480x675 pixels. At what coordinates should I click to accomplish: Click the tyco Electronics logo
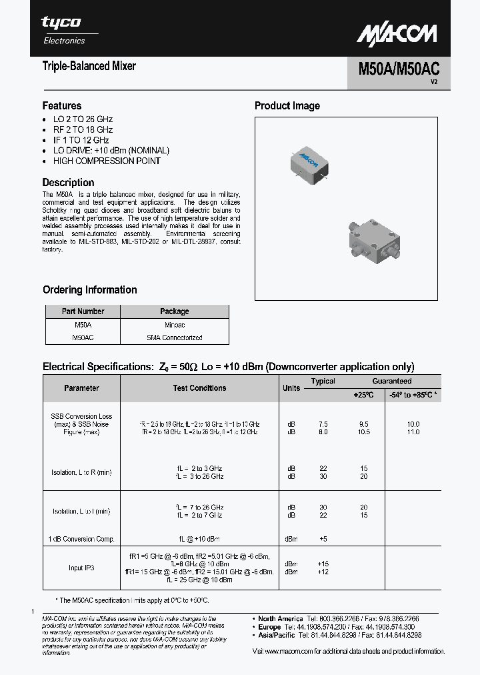coord(63,30)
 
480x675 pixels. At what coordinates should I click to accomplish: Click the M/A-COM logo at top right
coord(397,34)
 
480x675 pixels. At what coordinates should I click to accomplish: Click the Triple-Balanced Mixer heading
coord(89,66)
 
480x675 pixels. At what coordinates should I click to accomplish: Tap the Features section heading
coord(62,105)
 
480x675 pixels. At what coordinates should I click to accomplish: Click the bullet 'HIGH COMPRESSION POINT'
coord(107,161)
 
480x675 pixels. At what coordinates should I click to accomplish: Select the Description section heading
coord(68,182)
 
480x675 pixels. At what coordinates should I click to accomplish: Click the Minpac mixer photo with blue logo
coord(307,161)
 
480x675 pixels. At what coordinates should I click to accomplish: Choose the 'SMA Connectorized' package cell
coord(174,337)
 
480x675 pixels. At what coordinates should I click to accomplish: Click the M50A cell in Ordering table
coord(83,324)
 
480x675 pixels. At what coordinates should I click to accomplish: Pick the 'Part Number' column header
coord(83,311)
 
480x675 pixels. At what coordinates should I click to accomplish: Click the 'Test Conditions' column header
coord(199,388)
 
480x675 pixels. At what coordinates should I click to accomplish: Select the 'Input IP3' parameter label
coord(81,568)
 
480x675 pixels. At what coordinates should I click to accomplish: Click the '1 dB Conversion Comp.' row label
coord(81,538)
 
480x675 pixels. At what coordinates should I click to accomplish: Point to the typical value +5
coord(323,538)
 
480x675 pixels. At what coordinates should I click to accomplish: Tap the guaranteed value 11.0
coord(413,432)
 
